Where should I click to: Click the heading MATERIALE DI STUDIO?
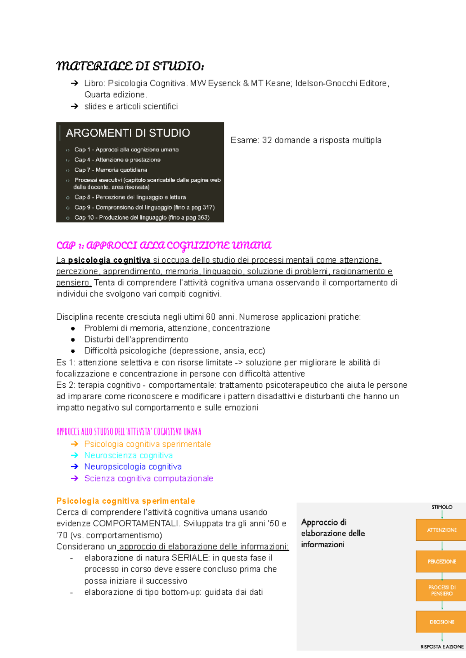click(130, 66)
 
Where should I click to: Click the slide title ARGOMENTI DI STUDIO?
click(128, 133)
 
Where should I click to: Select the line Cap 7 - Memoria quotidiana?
click(111, 170)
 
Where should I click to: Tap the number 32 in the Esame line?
click(267, 140)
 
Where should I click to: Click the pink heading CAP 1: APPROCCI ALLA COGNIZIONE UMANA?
click(163, 245)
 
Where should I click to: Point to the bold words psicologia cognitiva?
click(109, 260)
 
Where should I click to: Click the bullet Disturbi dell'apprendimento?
click(136, 339)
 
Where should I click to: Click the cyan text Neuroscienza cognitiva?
click(128, 455)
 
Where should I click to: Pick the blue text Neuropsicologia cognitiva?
click(133, 467)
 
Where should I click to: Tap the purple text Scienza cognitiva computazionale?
click(148, 478)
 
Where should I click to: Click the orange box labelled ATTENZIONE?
click(442, 530)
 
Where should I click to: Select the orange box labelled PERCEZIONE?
click(442, 561)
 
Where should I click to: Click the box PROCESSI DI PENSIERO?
click(442, 590)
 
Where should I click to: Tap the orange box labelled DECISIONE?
click(442, 622)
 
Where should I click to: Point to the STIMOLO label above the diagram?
click(442, 507)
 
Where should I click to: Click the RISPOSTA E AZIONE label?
click(442, 647)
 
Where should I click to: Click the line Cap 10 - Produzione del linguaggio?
click(142, 218)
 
